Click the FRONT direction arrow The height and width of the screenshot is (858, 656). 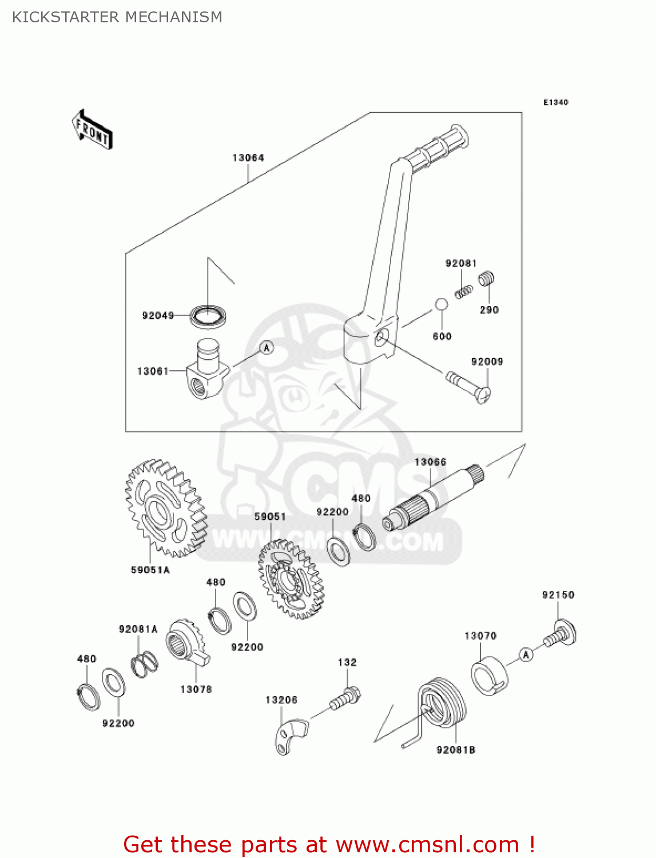(92, 130)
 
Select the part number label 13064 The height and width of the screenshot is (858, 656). (248, 157)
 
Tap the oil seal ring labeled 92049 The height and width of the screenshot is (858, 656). (208, 316)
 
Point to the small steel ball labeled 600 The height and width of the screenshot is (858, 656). (442, 304)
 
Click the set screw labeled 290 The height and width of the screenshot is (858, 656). (486, 279)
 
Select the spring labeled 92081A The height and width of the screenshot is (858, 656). (144, 664)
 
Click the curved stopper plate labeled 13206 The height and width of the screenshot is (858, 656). (291, 738)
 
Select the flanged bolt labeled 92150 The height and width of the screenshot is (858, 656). (560, 634)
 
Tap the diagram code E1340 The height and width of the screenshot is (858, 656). (555, 102)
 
